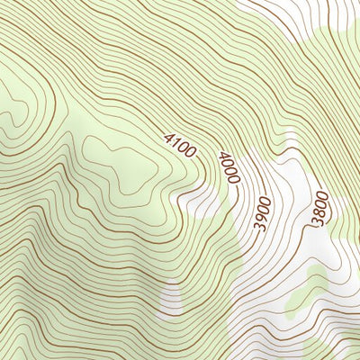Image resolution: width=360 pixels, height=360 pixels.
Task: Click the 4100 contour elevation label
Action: (x=180, y=145)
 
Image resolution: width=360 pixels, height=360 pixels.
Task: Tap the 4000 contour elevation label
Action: (x=229, y=168)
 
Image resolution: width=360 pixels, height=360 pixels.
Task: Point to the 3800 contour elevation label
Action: (x=319, y=208)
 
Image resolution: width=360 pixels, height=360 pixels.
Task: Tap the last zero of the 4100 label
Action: (x=191, y=154)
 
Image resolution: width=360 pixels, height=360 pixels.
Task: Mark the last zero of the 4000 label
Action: (x=233, y=180)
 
